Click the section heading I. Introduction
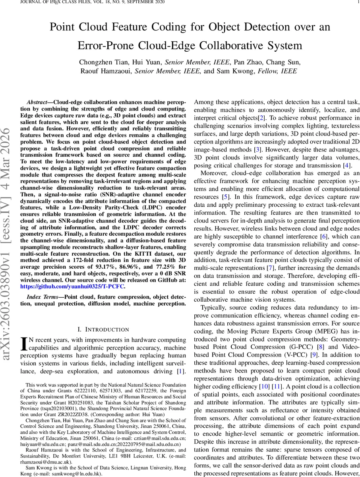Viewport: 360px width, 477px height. tap(103, 329)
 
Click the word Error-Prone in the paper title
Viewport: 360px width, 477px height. tap(112, 45)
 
